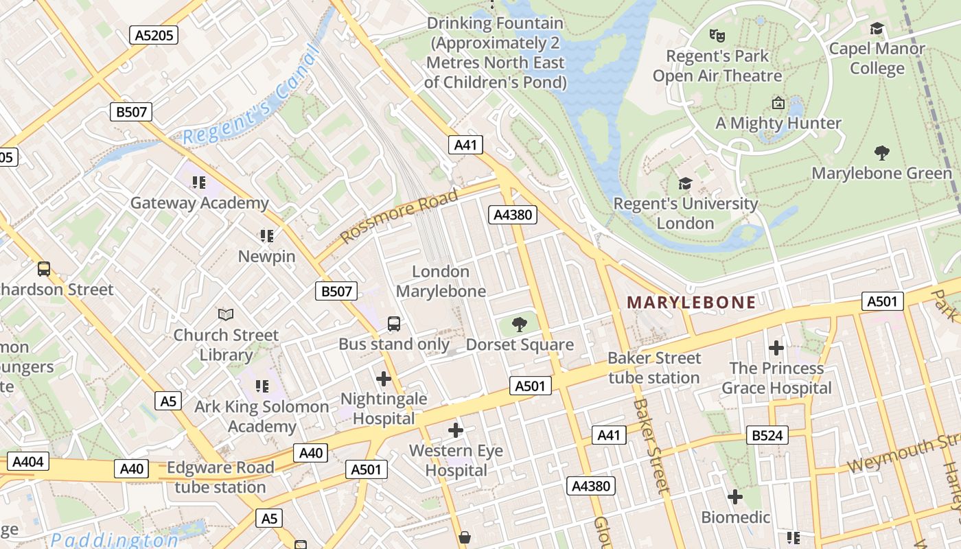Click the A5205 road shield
154,35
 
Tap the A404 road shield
28,461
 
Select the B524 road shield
767,435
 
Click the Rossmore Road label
399,216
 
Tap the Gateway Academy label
199,202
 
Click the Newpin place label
266,256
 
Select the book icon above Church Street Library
225,314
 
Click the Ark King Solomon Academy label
262,416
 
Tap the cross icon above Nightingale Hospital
384,378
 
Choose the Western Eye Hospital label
456,460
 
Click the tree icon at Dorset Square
520,324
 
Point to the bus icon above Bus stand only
394,324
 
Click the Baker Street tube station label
654,367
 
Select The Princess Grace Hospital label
776,377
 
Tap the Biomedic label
735,516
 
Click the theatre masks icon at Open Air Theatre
717,35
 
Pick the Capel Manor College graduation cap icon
877,29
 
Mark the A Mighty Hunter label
778,124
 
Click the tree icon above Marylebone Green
882,152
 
